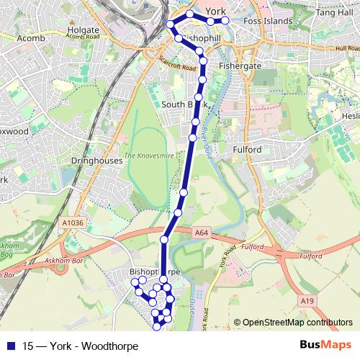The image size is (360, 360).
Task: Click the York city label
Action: (216, 12)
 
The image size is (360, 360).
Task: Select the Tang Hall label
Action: (337, 13)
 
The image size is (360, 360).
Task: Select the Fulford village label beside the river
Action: (251, 149)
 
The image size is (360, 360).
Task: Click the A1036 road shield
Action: (73, 223)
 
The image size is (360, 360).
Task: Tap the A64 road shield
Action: (201, 233)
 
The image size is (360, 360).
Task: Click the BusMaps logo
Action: (325, 345)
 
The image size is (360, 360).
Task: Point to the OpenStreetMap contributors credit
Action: (297, 323)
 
